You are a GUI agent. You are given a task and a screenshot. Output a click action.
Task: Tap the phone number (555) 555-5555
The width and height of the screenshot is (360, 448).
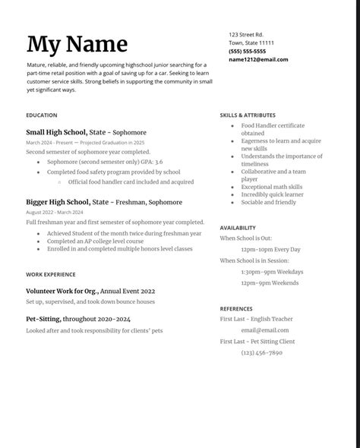coord(247,51)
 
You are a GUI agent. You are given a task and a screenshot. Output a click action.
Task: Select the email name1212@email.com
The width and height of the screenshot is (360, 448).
coord(258,59)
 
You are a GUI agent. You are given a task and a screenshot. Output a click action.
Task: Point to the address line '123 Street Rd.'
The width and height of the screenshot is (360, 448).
coord(246,35)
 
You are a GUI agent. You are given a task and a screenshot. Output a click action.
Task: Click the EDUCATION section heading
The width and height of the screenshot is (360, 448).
coord(41,115)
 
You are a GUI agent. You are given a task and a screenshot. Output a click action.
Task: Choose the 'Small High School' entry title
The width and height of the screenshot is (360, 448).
coord(57,132)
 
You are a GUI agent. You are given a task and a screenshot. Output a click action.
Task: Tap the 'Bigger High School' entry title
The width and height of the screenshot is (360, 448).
coord(58,202)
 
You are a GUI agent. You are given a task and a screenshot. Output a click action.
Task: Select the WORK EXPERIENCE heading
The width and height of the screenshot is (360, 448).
coord(50,274)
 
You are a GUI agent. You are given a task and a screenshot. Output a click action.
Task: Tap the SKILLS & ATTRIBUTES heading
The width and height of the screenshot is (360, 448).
coord(248,115)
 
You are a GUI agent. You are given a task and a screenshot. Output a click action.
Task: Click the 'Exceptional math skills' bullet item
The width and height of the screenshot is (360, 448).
coord(272,187)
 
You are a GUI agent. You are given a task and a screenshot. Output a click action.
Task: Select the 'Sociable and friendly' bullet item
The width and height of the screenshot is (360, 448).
coord(269,203)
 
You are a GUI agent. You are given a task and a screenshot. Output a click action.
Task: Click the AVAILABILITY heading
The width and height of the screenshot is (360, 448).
coord(238,228)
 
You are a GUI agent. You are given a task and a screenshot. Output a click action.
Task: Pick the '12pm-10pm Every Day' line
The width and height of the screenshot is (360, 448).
coord(271,249)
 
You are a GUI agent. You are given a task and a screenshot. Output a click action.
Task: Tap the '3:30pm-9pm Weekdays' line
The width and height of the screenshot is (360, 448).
coord(272,271)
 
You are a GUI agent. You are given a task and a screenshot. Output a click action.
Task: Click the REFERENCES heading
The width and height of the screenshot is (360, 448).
coord(236,309)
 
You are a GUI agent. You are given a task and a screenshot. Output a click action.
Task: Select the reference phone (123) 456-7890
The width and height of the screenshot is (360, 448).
coord(262,352)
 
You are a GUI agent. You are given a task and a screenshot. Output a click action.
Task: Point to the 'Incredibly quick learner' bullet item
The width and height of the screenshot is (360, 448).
coord(273,194)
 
